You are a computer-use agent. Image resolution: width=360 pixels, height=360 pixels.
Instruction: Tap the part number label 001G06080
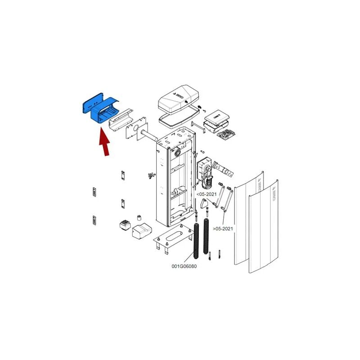tap(184, 266)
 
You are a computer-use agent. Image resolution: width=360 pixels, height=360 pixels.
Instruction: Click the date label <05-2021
tap(207, 194)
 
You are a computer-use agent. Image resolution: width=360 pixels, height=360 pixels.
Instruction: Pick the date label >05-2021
tap(223, 229)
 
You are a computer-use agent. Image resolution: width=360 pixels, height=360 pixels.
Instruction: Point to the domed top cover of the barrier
tap(178, 101)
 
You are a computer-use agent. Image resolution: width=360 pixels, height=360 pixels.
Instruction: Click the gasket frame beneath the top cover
tap(179, 118)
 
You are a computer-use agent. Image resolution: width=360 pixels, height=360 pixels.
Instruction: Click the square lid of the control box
tap(217, 115)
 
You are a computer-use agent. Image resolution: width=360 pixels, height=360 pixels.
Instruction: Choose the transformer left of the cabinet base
tap(124, 225)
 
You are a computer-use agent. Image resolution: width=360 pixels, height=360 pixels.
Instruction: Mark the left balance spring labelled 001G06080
tap(196, 241)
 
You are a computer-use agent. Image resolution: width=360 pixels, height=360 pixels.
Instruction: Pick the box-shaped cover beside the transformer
tap(143, 230)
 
